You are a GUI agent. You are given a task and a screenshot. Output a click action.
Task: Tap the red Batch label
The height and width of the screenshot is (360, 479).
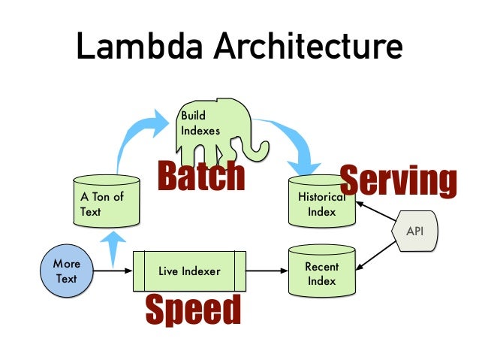coord(200,177)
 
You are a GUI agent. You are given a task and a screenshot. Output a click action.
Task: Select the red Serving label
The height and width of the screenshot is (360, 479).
coord(398,181)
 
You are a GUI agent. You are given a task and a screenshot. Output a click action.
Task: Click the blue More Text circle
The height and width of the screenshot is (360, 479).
coord(66,271)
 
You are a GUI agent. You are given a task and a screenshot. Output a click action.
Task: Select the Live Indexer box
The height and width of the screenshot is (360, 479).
coord(189,271)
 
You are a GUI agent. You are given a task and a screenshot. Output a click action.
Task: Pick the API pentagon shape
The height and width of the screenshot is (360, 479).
coord(414,231)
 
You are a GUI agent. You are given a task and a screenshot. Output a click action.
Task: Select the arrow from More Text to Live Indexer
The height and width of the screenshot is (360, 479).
coord(113,271)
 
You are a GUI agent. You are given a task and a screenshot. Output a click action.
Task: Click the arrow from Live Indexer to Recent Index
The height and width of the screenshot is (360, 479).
coord(267,271)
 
